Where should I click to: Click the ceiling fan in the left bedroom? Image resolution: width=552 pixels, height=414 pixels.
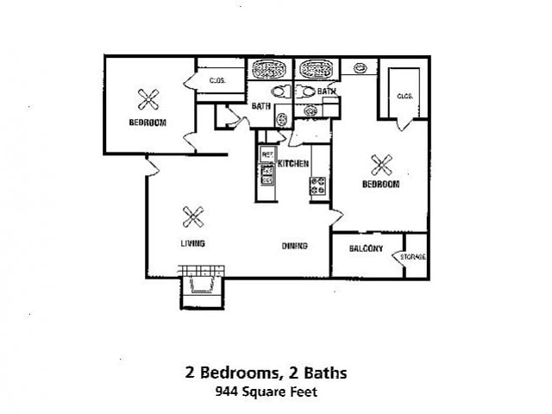pos(147,99)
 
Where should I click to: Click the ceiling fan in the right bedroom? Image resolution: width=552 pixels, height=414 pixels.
pos(380,163)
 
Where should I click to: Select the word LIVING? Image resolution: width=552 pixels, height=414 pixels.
pos(193,243)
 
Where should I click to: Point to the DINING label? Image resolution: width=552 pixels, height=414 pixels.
pos(294,247)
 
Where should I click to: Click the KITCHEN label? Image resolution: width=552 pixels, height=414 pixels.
pos(293,163)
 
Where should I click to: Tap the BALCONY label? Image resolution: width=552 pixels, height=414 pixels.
pos(366,248)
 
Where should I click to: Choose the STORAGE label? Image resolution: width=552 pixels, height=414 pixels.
pos(414,257)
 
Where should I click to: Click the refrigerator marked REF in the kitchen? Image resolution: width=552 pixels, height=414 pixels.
pos(267,154)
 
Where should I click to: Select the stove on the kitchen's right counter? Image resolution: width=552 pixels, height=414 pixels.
pos(317,185)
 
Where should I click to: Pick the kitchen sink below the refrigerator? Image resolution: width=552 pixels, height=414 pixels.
pos(267,175)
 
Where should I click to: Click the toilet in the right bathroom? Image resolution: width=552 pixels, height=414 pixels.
pos(306,91)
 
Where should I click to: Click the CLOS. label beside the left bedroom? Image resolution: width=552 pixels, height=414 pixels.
pos(217,81)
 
